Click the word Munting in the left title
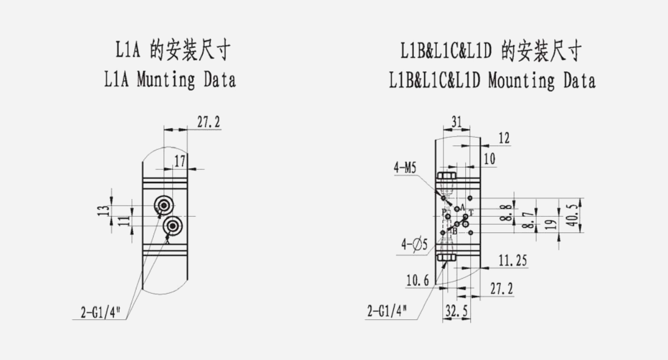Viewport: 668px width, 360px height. click(164, 80)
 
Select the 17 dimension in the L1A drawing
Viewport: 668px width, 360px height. click(179, 162)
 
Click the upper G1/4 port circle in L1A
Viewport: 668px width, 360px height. click(164, 206)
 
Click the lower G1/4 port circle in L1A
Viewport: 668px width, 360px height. click(173, 226)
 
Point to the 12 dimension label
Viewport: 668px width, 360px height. click(504, 139)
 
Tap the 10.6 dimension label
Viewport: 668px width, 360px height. click(418, 281)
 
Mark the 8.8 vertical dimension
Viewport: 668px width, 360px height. click(506, 212)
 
